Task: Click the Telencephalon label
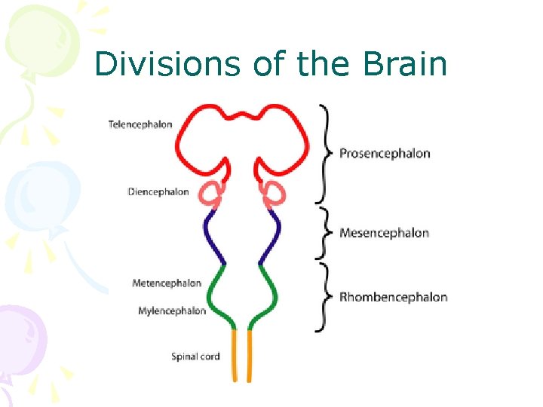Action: tap(140, 124)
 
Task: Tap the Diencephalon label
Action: tap(158, 192)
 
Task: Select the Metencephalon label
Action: tap(167, 283)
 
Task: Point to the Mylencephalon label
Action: tap(172, 311)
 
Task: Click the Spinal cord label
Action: tap(195, 357)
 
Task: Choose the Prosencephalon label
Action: tap(385, 154)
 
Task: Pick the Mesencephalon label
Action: tap(384, 233)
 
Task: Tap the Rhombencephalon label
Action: tap(393, 297)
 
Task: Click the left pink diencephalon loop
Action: tap(212, 194)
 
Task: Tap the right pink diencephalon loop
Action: tap(273, 194)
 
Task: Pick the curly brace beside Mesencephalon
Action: tap(325, 233)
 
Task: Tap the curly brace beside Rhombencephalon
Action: tap(325, 297)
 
